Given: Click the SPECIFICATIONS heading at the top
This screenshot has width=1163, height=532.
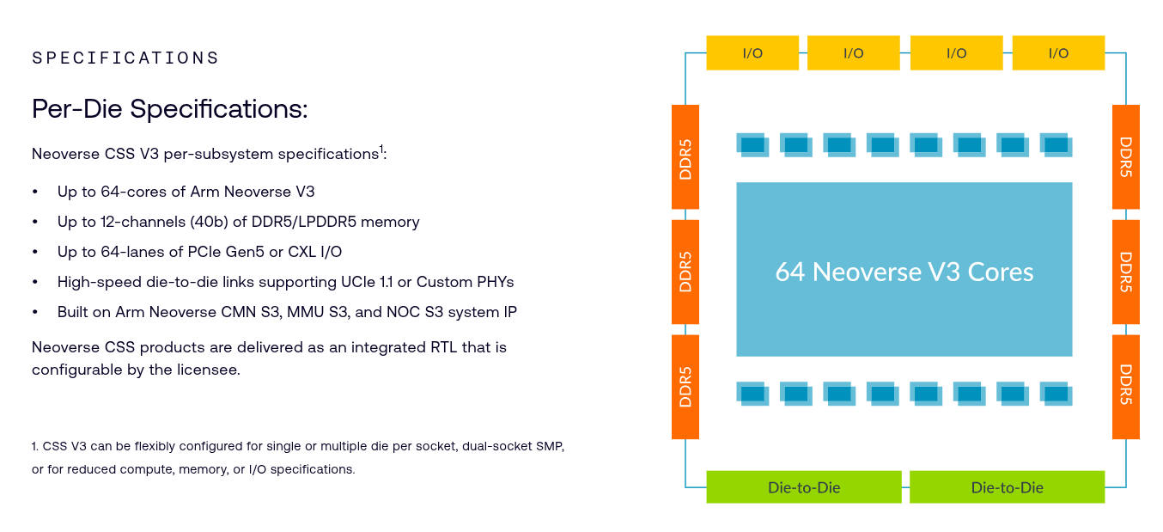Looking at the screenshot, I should point(125,58).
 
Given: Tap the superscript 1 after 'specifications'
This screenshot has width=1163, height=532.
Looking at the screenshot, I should point(381,149).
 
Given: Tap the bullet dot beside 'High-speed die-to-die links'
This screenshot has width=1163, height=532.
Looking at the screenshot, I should point(35,282).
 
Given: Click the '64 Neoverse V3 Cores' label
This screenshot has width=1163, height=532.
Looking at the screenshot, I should point(904,272).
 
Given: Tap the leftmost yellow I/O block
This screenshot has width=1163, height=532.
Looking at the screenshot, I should point(752,53).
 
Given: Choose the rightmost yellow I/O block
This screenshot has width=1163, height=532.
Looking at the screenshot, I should point(1058,53).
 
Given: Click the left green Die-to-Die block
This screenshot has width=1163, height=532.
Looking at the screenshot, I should point(804,487).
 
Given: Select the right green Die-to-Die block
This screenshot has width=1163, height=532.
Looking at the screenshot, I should point(1007,487).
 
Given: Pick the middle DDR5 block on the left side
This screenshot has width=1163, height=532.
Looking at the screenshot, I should point(685,271).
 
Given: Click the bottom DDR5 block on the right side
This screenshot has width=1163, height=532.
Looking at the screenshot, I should point(1126,386).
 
